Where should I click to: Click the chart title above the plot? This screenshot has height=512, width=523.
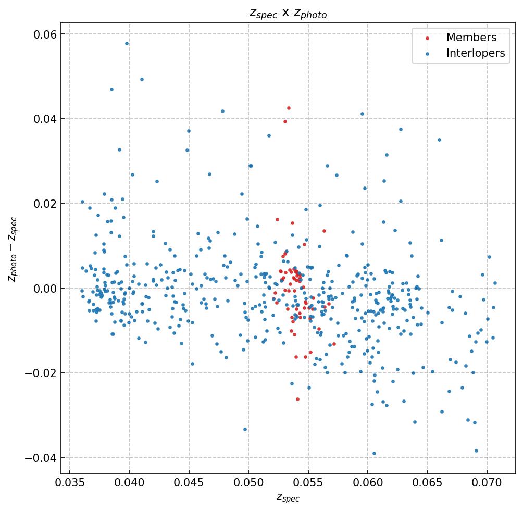(x=288, y=14)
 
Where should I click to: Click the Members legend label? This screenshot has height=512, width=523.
(x=471, y=38)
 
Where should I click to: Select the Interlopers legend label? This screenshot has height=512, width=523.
(x=475, y=53)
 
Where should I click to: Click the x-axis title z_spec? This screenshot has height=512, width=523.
(x=288, y=498)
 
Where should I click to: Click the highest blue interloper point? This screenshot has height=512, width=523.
(x=127, y=43)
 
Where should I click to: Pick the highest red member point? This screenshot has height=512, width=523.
(x=289, y=108)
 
